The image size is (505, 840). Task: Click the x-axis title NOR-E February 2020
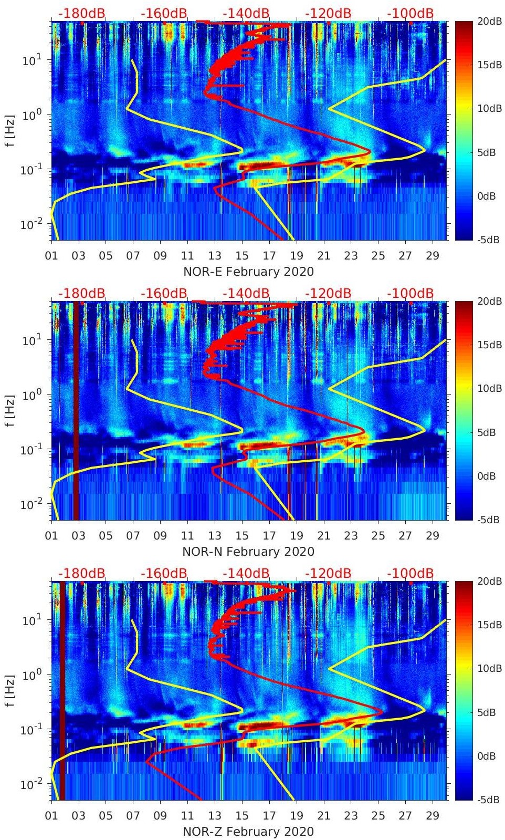[248, 272]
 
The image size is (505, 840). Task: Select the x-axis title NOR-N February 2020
[248, 552]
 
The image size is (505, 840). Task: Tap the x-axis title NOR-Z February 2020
[248, 832]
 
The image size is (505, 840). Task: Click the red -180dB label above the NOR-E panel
[81, 13]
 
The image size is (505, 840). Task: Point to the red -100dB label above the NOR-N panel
[410, 293]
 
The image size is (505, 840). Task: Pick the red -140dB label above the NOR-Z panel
[246, 573]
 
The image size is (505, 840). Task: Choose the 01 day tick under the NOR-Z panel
[51, 816]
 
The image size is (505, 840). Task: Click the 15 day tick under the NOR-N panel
[242, 536]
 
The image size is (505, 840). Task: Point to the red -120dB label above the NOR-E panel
[328, 13]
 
